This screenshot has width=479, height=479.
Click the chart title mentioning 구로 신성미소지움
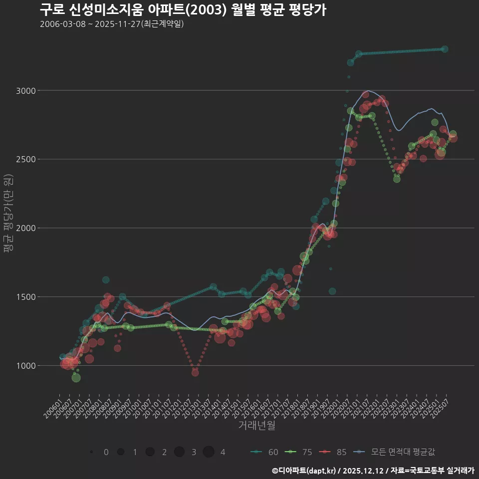(x=183, y=9)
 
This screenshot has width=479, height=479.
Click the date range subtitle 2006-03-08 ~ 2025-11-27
(x=112, y=24)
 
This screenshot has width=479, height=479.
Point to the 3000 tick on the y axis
(x=26, y=91)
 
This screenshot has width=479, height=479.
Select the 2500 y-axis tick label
(x=26, y=159)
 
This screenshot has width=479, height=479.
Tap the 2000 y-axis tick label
(x=26, y=228)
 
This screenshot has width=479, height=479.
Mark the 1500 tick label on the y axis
(x=26, y=297)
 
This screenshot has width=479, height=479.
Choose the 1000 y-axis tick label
(x=26, y=366)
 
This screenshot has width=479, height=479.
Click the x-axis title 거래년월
(x=256, y=426)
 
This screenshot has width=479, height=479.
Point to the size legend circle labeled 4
(x=209, y=452)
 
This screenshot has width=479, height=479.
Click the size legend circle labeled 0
(x=91, y=452)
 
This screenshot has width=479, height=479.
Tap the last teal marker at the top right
(x=445, y=49)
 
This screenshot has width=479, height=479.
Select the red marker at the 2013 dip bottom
(x=195, y=373)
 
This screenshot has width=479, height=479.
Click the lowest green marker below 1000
(x=76, y=378)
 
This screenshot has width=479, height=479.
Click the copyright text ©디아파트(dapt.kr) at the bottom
(x=304, y=471)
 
